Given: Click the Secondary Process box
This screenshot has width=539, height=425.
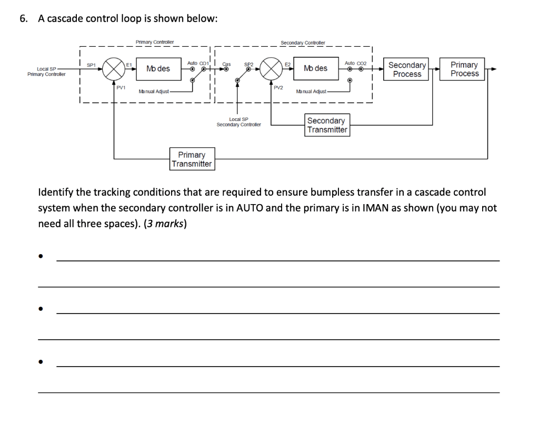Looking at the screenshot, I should pos(407,69).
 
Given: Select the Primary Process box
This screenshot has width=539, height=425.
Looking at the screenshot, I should pos(464,69).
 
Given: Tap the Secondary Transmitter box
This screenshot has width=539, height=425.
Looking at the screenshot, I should pos(327,125).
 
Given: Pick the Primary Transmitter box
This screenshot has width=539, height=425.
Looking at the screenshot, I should pos(192,159).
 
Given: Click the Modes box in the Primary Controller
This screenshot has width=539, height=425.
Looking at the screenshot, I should pos(158,69).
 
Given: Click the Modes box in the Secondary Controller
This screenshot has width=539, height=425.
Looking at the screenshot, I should pos(315,68).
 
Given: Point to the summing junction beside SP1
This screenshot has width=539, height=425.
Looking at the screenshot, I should pos(113,69).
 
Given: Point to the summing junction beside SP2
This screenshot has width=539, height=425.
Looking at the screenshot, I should pos(272,69).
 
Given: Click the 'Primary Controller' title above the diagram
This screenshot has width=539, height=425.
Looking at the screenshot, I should pos(155,42).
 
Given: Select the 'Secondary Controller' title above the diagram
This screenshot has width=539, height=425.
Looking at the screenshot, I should pos(303,43).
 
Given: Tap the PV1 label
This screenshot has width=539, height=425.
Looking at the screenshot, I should pos(121,87).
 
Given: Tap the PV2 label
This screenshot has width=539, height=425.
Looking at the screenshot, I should pos(279,87).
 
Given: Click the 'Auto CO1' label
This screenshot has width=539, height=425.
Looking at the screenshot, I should pos(198,63).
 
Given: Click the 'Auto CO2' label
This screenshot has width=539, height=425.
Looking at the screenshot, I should pos(355,63).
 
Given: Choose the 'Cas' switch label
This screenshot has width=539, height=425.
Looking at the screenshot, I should pos(227,63).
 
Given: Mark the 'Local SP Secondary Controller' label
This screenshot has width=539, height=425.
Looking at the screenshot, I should pos(238,122).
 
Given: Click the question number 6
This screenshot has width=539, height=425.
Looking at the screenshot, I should pos(23,19).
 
